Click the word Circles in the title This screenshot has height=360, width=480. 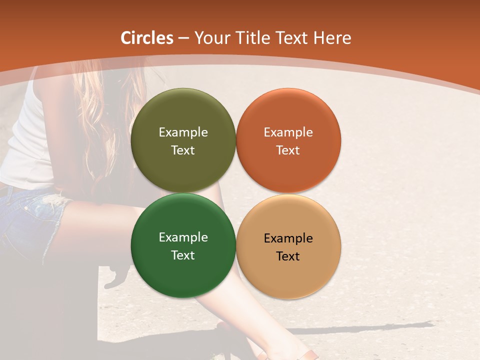coord(147,38)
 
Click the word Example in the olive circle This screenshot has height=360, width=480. coord(183,132)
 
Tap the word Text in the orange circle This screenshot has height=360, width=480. coord(288,150)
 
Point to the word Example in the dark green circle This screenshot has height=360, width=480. coord(183,237)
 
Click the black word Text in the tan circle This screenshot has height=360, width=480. coord(288,256)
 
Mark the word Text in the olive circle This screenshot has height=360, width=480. coord(183,150)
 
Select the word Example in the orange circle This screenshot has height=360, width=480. coord(288,132)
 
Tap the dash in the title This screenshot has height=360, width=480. coord(183,38)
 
